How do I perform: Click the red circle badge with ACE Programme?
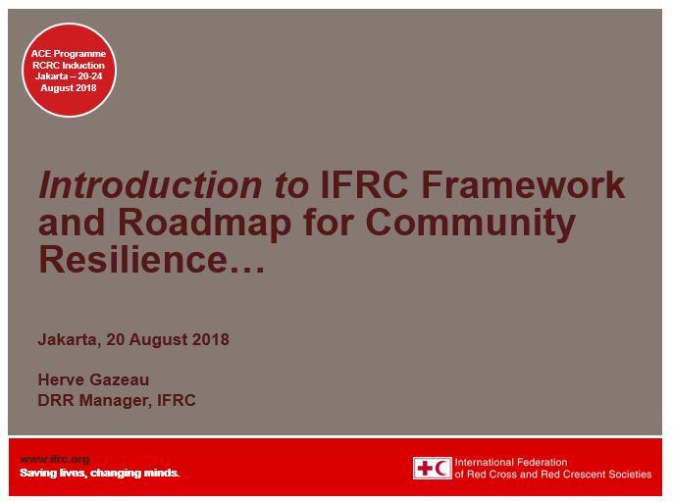click(69, 69)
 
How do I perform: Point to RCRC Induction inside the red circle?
click(69, 65)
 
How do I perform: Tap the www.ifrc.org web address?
click(54, 459)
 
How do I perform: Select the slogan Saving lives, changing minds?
click(100, 473)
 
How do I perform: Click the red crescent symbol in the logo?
click(442, 468)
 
